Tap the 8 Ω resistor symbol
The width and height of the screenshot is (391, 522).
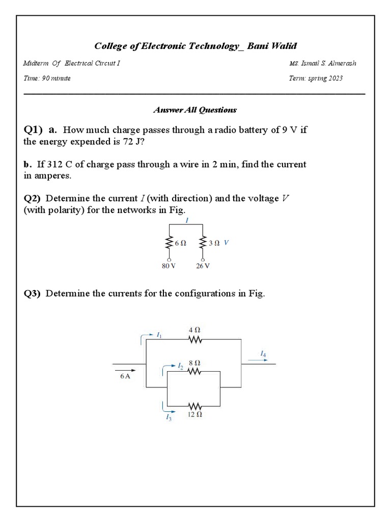[x=195, y=372]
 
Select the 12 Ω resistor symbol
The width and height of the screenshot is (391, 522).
[x=195, y=406]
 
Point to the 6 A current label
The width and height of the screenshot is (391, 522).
[x=126, y=376]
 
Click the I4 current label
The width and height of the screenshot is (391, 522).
[x=263, y=353]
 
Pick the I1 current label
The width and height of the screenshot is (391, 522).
[x=159, y=335]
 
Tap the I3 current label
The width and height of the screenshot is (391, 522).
[x=169, y=417]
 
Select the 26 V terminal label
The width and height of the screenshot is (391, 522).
[x=203, y=266]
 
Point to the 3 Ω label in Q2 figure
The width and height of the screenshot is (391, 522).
[x=214, y=244]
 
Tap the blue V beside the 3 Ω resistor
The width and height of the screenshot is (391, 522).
[x=226, y=243]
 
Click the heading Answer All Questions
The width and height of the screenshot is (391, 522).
[x=195, y=110]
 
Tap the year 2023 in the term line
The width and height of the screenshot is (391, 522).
[x=333, y=79]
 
